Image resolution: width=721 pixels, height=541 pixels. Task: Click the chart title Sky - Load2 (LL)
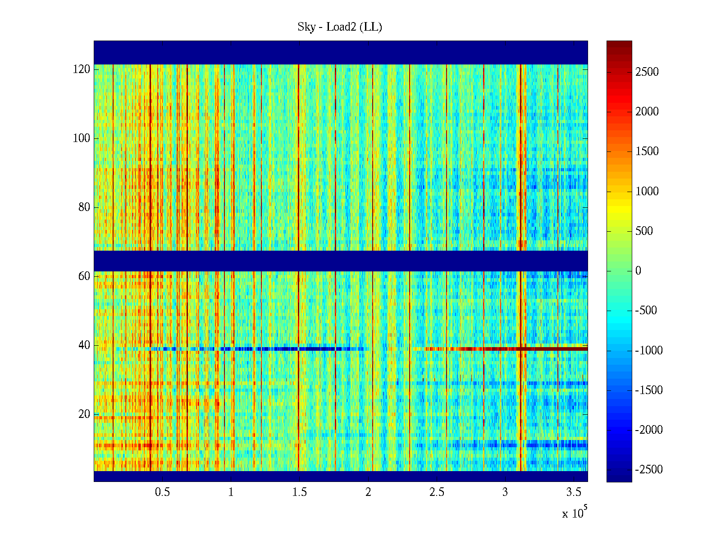coord(340,27)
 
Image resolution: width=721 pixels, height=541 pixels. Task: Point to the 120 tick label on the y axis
coord(82,69)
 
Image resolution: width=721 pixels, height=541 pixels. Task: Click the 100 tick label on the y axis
coord(82,138)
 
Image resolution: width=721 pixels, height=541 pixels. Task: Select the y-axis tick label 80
coord(84,207)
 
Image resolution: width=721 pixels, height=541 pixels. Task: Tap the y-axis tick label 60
coord(84,276)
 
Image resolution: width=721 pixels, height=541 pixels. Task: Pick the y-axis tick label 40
coord(84,345)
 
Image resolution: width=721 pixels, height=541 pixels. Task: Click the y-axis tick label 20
coord(84,414)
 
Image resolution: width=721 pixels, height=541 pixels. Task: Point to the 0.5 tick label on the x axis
coord(163,492)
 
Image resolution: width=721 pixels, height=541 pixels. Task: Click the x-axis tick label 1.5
coord(300,492)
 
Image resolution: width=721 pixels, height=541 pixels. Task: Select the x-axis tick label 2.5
coord(437,492)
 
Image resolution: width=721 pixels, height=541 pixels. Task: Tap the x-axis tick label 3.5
coord(574,492)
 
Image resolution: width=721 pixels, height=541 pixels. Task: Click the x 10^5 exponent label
coord(575,513)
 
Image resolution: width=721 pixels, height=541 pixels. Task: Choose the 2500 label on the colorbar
coord(647,72)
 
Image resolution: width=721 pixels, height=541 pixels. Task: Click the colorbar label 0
coord(638,271)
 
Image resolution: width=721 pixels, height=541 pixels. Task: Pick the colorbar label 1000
coord(647,192)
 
